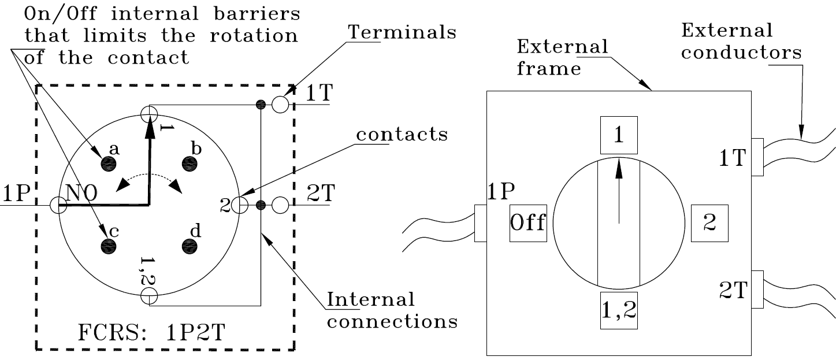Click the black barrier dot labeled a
click(x=109, y=164)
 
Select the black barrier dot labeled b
click(x=190, y=164)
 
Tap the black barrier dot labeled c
click(x=109, y=247)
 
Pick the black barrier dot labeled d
click(x=190, y=247)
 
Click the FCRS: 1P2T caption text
click(x=151, y=332)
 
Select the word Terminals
click(x=402, y=32)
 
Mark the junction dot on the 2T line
click(x=261, y=205)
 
